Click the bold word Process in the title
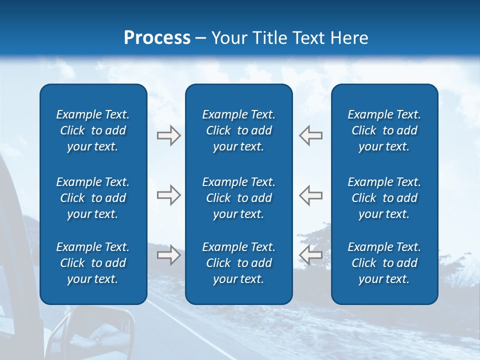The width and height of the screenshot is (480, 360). point(157,38)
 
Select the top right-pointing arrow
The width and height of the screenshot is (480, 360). point(168,135)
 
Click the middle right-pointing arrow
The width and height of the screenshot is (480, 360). point(168,195)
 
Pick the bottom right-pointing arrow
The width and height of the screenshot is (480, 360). point(168,255)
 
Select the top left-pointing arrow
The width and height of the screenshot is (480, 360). point(310,135)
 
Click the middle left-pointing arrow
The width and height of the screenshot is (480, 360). point(310,195)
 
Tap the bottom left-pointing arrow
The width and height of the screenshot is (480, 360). point(310,255)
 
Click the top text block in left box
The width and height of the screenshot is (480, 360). point(93,130)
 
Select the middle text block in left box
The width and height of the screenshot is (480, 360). point(93,198)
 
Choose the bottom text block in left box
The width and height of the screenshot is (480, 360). point(93,263)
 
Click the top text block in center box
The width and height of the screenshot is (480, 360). point(239,130)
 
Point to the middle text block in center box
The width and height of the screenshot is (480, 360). point(239,198)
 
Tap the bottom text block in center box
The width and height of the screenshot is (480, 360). point(239,263)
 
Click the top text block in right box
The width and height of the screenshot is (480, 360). point(384,130)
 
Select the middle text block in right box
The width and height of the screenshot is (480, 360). point(384,198)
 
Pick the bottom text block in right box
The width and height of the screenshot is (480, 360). point(384,263)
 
